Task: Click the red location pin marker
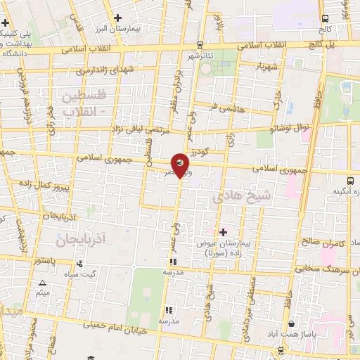point(181,165)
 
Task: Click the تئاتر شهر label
point(200,55)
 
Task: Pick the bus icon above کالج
point(324,19)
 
